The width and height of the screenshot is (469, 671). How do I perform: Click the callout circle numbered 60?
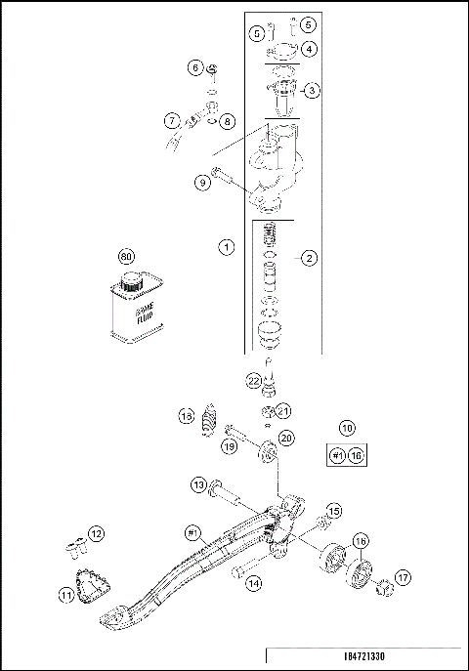pos(125,257)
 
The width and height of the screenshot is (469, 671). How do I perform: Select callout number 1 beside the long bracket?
pos(226,248)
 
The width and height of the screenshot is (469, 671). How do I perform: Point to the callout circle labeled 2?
pos(308,258)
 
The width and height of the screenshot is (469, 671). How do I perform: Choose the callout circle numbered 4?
pos(308,48)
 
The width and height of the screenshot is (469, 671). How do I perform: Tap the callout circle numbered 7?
pos(172,122)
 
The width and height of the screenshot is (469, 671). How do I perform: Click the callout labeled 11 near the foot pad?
pos(67,595)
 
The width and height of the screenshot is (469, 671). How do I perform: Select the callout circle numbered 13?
pos(198,484)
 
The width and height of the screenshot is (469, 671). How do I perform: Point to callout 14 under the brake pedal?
pos(254,584)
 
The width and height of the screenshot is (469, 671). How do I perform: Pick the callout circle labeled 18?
pos(185,418)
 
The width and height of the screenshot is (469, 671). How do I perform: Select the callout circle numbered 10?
pos(347,428)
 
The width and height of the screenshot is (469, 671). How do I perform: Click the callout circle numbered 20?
pos(285,439)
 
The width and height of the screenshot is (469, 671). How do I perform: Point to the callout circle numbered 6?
pos(195,67)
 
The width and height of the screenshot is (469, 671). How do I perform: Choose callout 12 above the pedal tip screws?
pos(96,533)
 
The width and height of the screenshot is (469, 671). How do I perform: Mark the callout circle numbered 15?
pos(333,511)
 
